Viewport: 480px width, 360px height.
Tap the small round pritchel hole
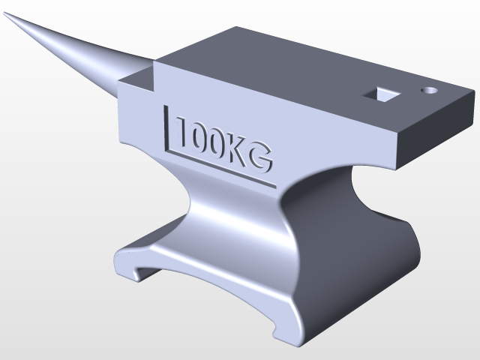430,89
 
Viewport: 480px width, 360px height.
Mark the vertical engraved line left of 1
166,127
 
